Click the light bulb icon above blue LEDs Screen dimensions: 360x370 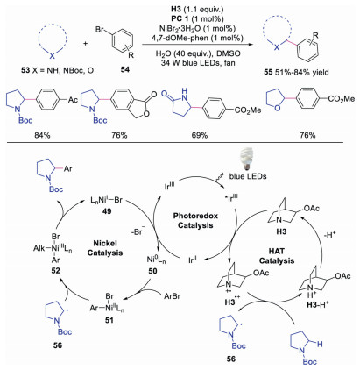247,160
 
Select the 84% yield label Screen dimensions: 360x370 42,135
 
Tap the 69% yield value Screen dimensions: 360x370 200,135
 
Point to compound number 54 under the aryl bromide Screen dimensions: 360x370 125,69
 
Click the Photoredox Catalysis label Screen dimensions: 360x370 195,220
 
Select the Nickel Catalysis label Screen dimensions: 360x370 105,248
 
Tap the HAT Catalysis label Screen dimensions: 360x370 277,256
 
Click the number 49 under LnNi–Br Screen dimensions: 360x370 107,210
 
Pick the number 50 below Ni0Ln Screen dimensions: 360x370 152,271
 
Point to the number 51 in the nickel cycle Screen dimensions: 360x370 109,320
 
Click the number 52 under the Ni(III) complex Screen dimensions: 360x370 55,270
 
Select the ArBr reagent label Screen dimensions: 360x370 172,296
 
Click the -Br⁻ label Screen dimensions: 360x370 138,233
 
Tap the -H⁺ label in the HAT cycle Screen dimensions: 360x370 330,235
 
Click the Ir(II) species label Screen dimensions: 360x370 193,260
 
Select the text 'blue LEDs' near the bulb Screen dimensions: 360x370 248,176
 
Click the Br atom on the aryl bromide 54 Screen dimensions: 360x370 100,29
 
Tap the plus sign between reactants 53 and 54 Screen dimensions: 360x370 85,43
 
